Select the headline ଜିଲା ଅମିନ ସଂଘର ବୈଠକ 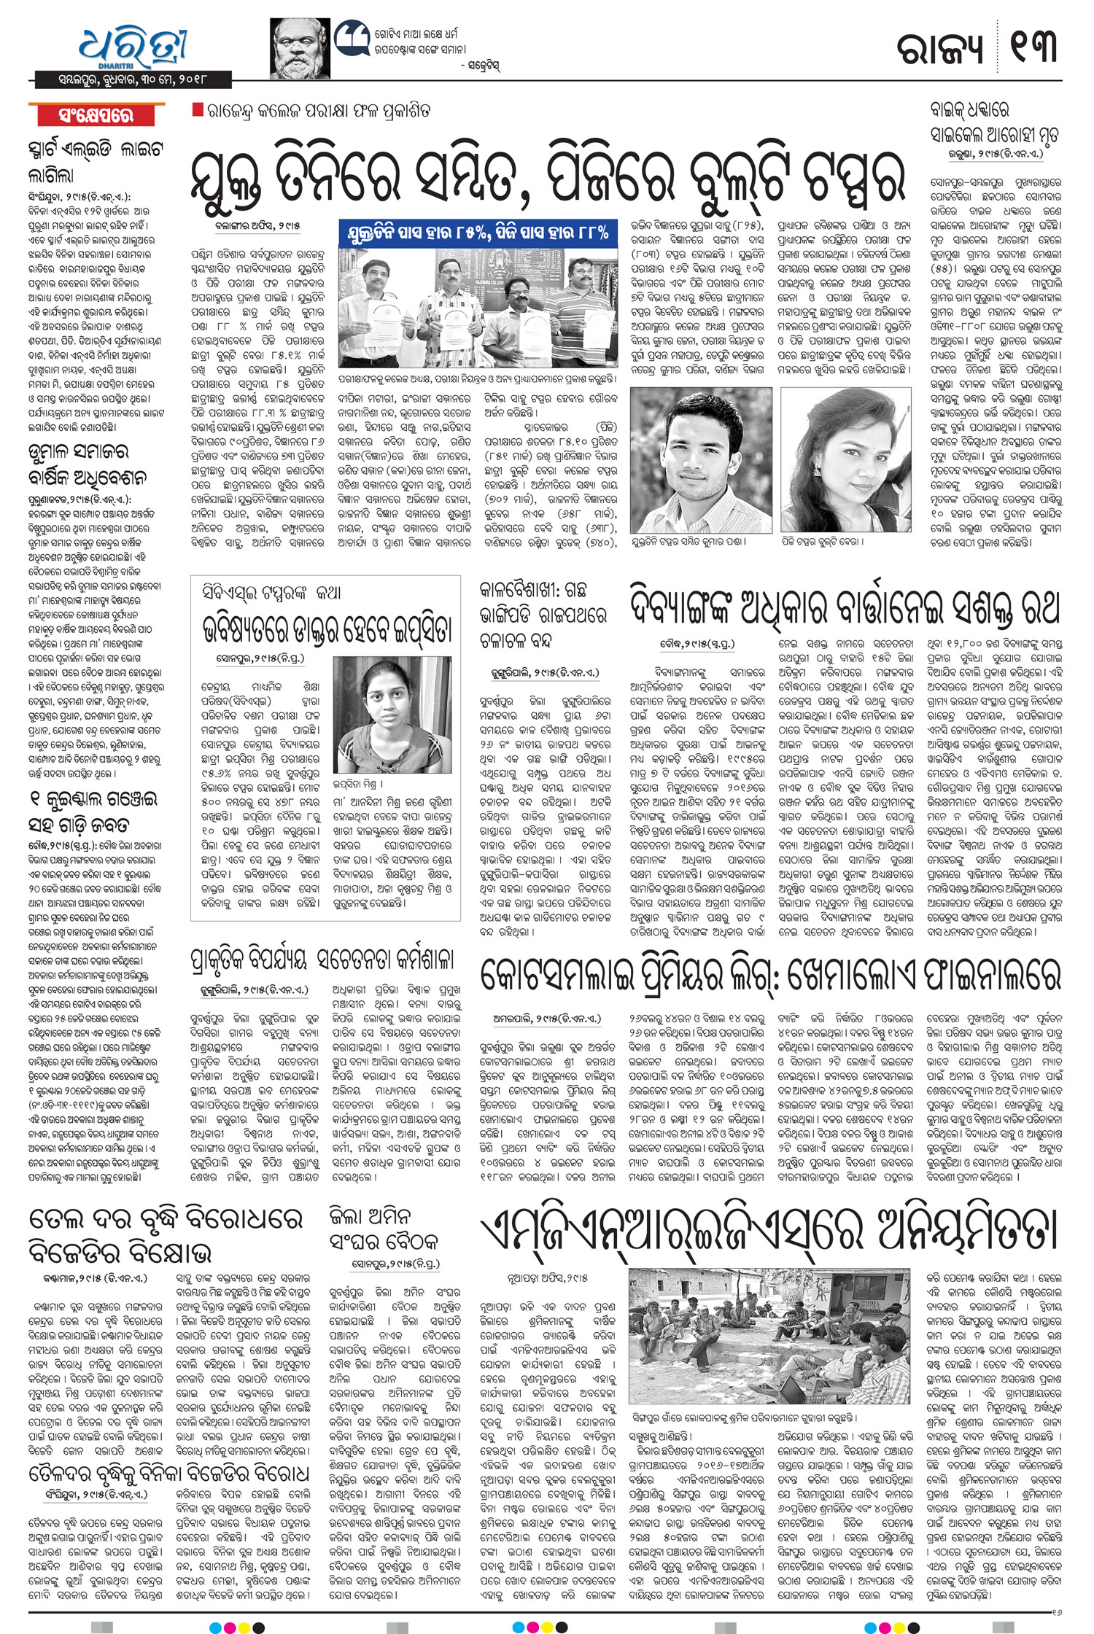tap(385, 1229)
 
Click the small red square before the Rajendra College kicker tap(196, 110)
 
